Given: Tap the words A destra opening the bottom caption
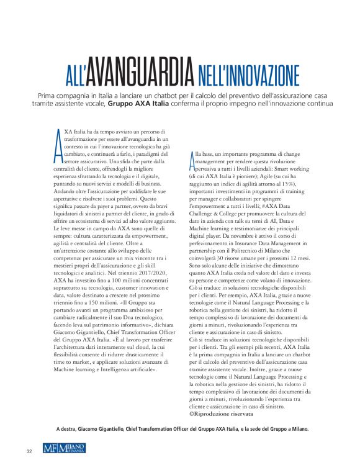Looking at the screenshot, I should click(x=68, y=429).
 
